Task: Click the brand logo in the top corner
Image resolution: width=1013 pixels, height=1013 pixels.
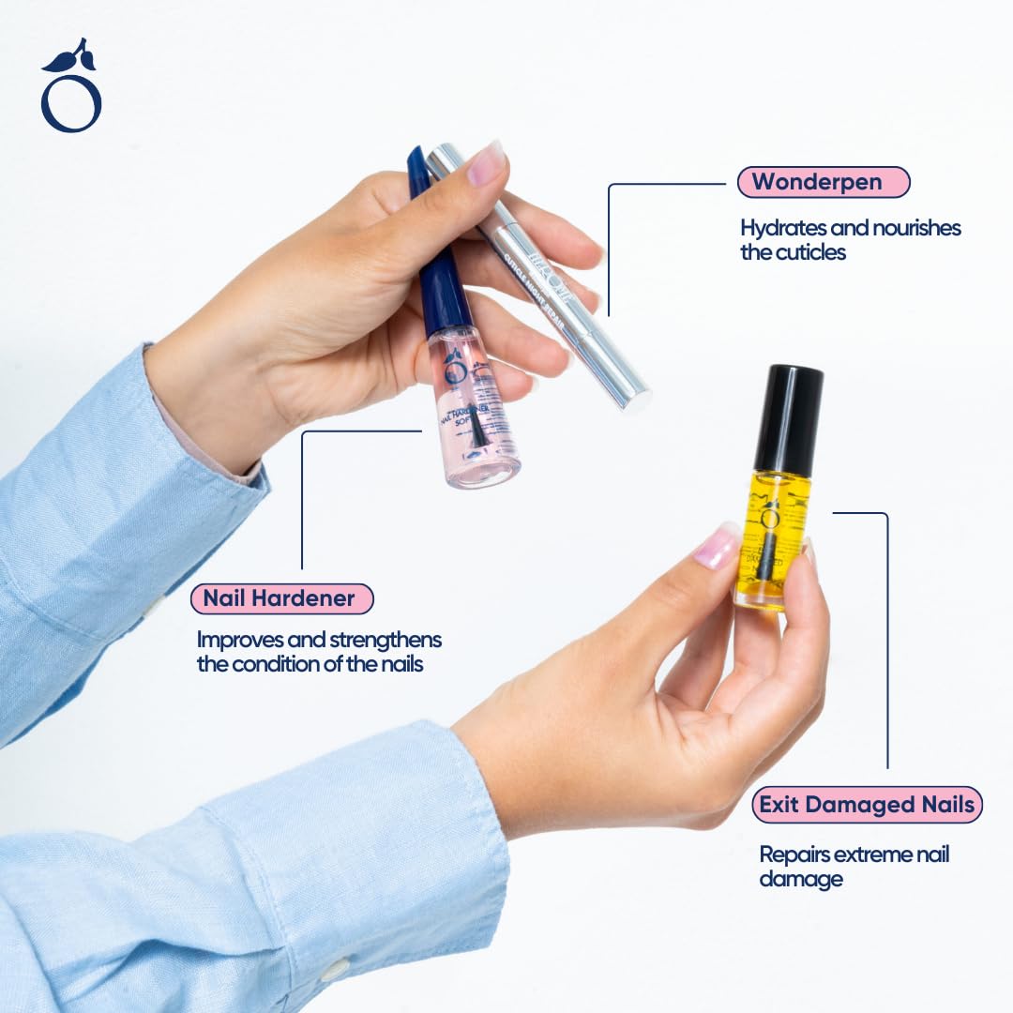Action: pos(71,87)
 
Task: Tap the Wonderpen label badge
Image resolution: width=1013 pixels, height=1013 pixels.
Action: pos(823,182)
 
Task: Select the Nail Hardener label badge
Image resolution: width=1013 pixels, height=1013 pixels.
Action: pos(281,598)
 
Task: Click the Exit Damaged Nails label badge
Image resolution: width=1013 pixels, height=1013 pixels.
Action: pos(867,805)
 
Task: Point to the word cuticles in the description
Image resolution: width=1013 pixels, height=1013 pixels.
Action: pos(810,252)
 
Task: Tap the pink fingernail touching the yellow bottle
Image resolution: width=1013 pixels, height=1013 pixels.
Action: pos(716,547)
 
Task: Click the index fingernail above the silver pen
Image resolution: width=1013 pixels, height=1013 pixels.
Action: pos(486,164)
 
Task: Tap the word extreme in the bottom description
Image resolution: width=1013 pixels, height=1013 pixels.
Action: pos(872,854)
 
